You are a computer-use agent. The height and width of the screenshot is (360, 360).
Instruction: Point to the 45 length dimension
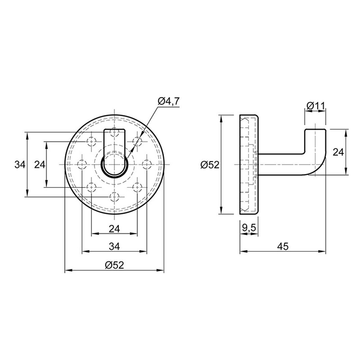tap(283, 246)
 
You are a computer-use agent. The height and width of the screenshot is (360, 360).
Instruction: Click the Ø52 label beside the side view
tap(210, 165)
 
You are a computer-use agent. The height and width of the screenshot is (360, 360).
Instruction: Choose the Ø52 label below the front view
tap(114, 265)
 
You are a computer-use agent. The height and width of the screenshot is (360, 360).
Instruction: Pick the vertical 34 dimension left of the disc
tap(20, 165)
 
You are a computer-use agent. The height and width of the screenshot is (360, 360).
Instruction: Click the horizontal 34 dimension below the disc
tap(114, 247)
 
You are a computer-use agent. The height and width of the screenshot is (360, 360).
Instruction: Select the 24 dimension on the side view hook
tap(338, 152)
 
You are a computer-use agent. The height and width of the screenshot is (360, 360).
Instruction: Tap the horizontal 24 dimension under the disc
tap(114, 229)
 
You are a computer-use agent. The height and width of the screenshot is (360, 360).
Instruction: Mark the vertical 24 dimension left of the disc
tap(40, 165)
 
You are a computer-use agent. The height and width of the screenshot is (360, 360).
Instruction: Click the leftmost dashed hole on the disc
tap(82, 164)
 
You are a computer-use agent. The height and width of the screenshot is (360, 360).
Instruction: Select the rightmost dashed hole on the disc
tap(146, 164)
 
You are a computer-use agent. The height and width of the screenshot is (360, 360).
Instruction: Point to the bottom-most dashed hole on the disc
tap(114, 197)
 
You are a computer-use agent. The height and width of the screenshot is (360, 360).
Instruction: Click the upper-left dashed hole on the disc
tap(91, 141)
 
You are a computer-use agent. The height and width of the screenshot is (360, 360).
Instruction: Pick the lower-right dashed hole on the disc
tap(137, 187)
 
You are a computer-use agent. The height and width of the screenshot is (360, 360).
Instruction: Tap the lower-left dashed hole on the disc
tap(91, 187)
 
